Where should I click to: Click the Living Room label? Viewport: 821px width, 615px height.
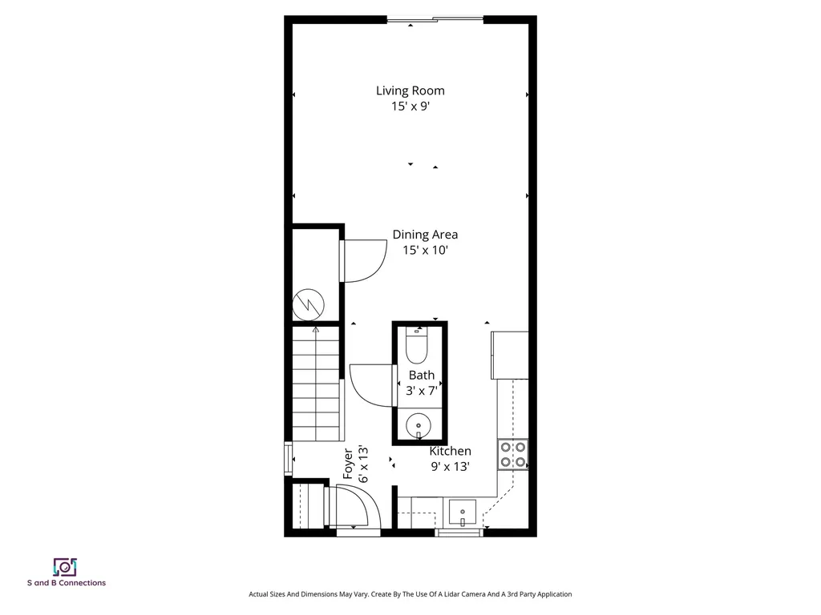point(410,90)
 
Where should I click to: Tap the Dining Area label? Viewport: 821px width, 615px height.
point(425,235)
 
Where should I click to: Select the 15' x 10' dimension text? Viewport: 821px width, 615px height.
point(425,251)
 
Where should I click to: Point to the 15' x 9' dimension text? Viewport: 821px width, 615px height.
point(410,107)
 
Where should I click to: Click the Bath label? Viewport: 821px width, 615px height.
point(422,375)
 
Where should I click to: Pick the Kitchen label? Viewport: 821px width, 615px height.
point(451,451)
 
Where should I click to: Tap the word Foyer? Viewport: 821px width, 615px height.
point(348,464)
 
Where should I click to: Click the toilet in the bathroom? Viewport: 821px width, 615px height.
point(417,344)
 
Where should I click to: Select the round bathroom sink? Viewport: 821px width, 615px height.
point(419,424)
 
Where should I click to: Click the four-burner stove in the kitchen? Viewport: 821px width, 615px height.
point(512,455)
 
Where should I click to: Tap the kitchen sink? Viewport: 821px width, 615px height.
point(463,513)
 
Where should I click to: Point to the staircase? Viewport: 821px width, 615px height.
point(316,383)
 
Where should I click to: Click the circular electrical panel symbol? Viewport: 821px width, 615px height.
point(309,304)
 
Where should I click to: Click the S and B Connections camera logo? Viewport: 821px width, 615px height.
point(65,567)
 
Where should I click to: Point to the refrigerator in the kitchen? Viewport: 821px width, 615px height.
point(509,355)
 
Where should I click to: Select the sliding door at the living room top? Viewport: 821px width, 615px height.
point(435,20)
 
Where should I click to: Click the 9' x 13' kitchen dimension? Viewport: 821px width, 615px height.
point(451,467)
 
